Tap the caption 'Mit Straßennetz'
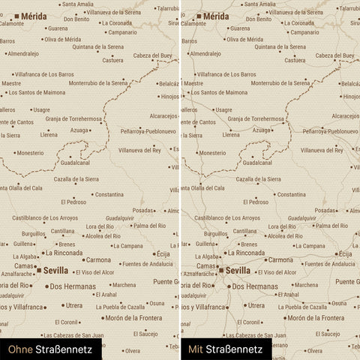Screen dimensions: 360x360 225,349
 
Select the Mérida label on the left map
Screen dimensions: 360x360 33,16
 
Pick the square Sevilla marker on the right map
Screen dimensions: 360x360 221,270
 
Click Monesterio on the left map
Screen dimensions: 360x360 30,152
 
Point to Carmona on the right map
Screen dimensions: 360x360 280,259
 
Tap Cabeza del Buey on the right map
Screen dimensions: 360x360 334,55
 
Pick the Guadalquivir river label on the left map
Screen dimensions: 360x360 120,217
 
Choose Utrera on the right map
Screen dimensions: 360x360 256,305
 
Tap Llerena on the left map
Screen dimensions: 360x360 49,135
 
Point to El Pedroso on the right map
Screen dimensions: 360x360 255,202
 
